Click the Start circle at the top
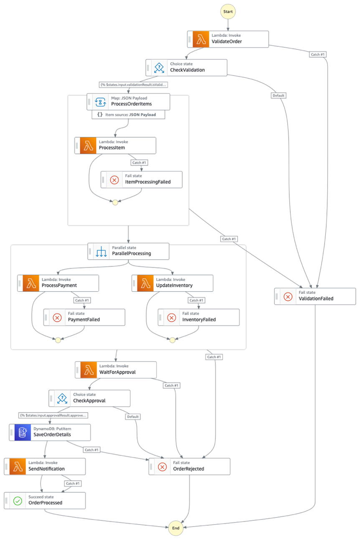[x=228, y=12]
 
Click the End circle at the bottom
[x=176, y=528]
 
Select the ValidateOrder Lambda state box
[x=228, y=39]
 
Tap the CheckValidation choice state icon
[x=158, y=67]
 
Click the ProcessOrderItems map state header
[x=129, y=102]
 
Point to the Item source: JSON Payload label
[x=129, y=115]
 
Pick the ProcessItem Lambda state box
[x=115, y=145]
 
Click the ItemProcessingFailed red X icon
[x=114, y=180]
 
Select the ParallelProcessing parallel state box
[x=129, y=251]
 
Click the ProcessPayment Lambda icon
[x=31, y=283]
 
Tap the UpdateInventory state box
[x=172, y=283]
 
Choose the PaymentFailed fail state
[x=84, y=317]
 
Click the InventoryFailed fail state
[x=199, y=317]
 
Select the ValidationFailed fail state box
[x=315, y=296]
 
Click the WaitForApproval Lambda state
[x=116, y=370]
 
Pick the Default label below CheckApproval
[x=132, y=417]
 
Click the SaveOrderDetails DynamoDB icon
[x=20, y=433]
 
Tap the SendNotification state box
[x=45, y=466]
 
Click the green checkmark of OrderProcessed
[x=18, y=501]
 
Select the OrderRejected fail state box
[x=189, y=466]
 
